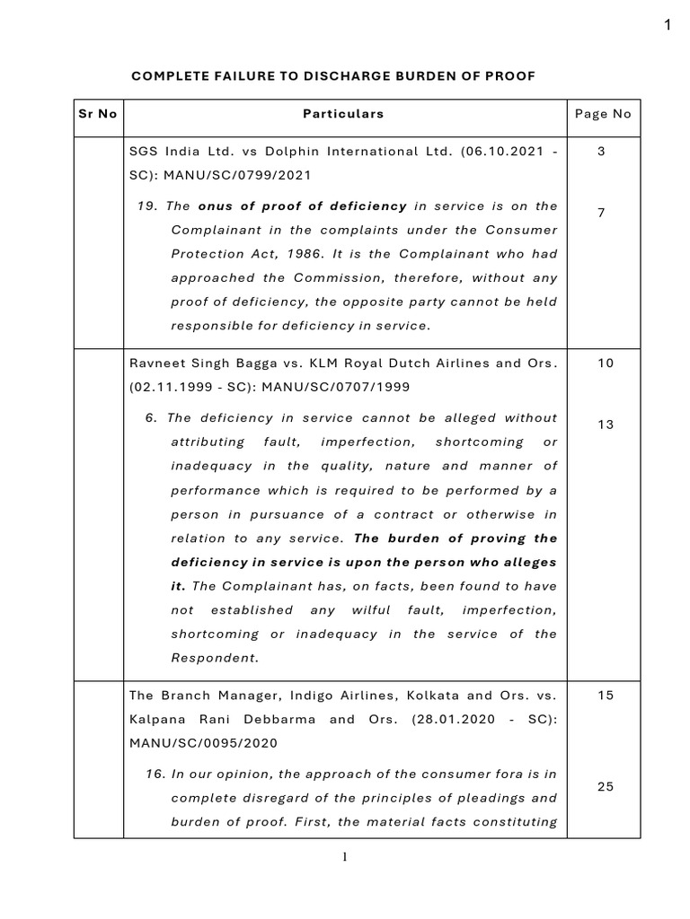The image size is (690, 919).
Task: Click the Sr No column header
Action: pos(96,114)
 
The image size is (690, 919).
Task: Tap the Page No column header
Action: pos(603,114)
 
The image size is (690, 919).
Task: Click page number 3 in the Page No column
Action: pos(602,153)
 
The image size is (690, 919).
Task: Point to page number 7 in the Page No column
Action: pos(602,213)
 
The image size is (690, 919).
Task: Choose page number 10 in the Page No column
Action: pos(605,364)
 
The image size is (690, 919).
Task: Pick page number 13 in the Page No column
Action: pos(605,424)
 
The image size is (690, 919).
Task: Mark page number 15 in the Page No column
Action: pos(605,696)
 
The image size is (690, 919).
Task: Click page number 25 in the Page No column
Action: pos(605,786)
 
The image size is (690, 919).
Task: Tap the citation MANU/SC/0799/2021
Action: pos(240,176)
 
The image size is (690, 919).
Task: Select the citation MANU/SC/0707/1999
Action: pos(331,388)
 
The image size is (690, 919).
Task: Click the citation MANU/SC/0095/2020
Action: pos(204,743)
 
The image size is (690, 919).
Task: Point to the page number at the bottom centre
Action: pos(344,856)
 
